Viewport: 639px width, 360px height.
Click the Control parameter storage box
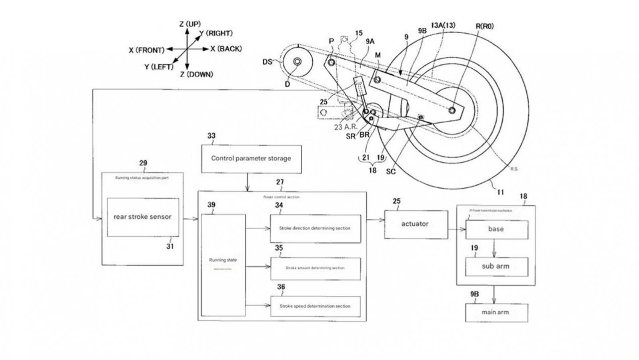tap(251, 159)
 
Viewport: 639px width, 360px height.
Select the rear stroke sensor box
tap(143, 217)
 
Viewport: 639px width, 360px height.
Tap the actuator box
tap(415, 224)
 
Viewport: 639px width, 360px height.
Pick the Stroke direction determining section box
tap(315, 228)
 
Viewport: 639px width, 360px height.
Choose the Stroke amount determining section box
tap(315, 268)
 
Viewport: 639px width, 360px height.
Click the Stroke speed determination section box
tap(315, 306)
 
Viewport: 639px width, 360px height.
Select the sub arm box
tap(496, 266)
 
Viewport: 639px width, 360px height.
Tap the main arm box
tap(496, 312)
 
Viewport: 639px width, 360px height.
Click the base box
tap(496, 229)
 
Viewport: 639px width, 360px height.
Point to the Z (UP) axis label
tap(190, 24)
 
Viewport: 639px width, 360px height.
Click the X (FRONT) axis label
tap(146, 50)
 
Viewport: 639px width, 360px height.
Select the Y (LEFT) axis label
tap(159, 67)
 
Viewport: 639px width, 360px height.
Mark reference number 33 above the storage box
tap(211, 136)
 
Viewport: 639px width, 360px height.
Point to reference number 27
tap(280, 182)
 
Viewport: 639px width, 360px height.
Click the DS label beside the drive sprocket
tap(267, 62)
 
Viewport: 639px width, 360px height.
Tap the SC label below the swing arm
tap(391, 172)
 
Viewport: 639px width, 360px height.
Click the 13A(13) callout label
tap(443, 25)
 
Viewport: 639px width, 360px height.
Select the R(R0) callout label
tap(484, 26)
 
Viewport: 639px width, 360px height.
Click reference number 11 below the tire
tap(500, 192)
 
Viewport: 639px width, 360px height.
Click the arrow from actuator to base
tap(456, 229)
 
